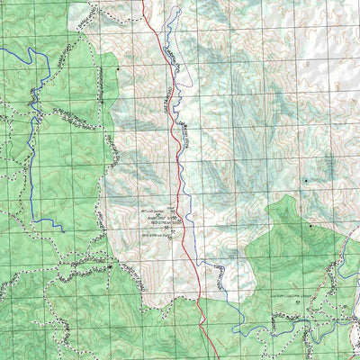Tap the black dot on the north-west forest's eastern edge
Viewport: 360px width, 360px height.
pyautogui.click(x=116, y=67)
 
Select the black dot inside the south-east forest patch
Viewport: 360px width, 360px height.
pyautogui.click(x=310, y=227)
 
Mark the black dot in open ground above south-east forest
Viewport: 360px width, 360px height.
pyautogui.click(x=305, y=181)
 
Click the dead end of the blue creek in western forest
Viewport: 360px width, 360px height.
pyautogui.click(x=63, y=230)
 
